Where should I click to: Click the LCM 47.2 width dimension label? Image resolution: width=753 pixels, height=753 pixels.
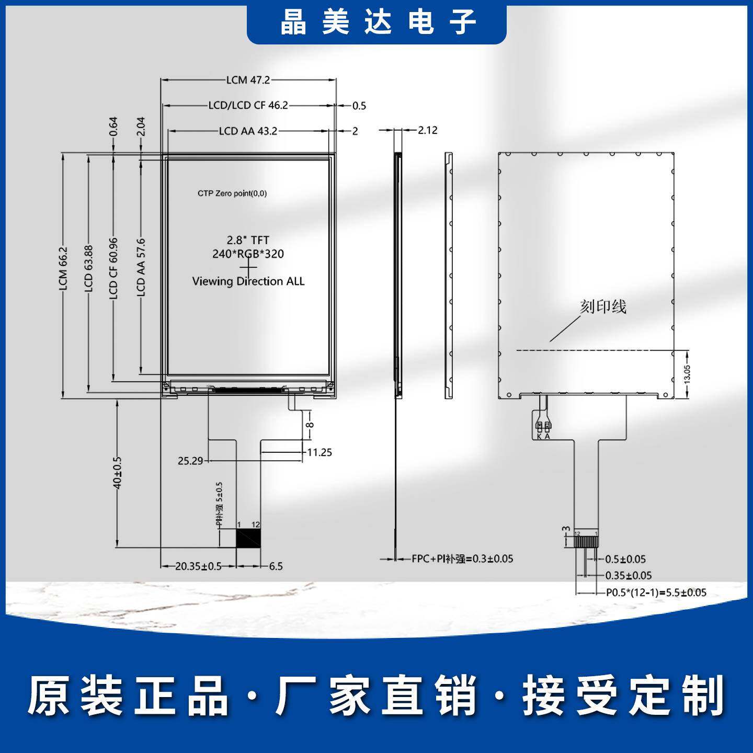tap(248, 80)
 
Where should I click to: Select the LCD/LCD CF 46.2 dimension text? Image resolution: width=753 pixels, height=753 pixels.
tap(248, 105)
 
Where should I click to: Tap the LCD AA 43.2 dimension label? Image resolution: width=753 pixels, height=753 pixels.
tap(248, 131)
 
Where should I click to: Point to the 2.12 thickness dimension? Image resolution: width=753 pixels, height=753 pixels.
tap(427, 130)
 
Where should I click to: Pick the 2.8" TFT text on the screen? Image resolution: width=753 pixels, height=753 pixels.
tap(248, 240)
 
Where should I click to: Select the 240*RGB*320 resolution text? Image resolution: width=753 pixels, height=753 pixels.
tap(248, 254)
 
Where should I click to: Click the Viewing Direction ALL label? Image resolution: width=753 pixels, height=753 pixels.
tap(248, 281)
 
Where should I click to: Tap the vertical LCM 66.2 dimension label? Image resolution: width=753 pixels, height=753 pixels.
tap(63, 269)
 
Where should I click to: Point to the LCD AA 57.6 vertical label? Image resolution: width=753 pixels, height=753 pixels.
tap(141, 268)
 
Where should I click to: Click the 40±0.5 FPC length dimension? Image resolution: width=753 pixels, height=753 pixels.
tap(117, 473)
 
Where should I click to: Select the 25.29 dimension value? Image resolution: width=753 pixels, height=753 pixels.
tap(190, 461)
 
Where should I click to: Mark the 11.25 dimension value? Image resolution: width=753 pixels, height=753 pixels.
tap(319, 452)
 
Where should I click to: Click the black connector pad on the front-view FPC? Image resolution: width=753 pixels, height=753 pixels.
tap(248, 538)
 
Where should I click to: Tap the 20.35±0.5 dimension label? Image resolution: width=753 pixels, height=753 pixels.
tap(198, 566)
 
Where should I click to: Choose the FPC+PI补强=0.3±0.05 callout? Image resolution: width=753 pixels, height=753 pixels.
tap(462, 559)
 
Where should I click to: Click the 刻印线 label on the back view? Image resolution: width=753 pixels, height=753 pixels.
tap(603, 307)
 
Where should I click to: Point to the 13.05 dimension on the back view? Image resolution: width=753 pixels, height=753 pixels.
tap(687, 374)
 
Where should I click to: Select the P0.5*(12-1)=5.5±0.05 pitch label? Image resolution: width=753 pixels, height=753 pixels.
tap(656, 592)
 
